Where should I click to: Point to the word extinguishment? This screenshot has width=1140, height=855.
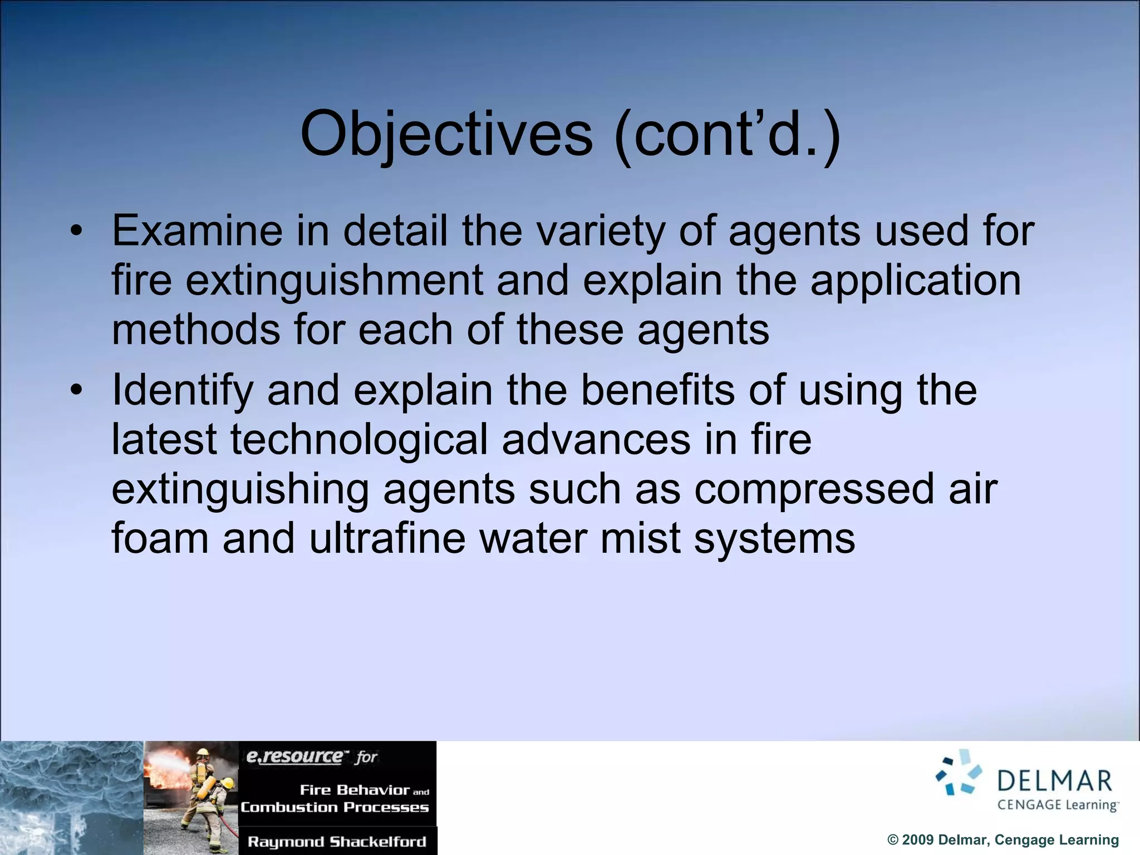[x=333, y=280]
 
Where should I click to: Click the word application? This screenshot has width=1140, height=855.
[x=915, y=280]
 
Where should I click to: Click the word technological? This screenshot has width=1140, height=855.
[x=359, y=439]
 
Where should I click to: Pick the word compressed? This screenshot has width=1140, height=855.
[x=814, y=489]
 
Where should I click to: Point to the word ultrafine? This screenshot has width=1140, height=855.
[x=387, y=538]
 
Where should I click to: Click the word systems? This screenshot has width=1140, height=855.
[x=774, y=538]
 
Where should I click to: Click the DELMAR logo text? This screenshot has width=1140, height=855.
[x=1054, y=781]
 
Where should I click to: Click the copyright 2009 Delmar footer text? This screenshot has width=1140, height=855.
[x=1003, y=840]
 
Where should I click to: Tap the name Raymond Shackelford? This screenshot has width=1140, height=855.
[x=337, y=842]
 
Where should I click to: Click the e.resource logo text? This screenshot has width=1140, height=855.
[x=295, y=756]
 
